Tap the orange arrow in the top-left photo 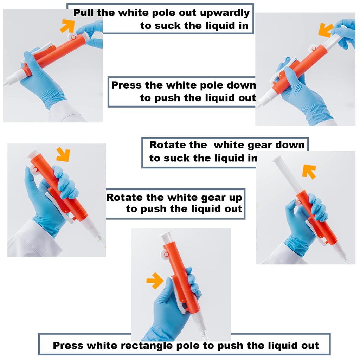click(67, 26)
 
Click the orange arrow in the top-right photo click(326, 30)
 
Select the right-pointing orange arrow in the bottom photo click(155, 281)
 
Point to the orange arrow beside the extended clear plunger click(309, 172)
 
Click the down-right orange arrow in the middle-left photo click(63, 155)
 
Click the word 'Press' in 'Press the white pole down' click(126, 85)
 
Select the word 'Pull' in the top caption click(84, 13)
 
